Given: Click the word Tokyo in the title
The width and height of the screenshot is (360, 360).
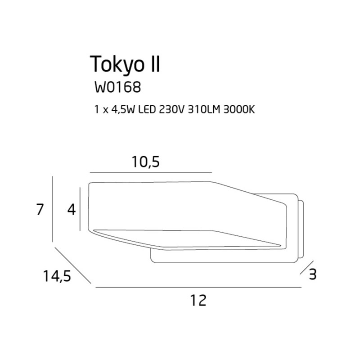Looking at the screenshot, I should click(117, 64).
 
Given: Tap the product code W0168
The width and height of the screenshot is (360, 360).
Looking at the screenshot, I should click(117, 87).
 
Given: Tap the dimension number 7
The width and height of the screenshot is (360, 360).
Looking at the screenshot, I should click(40, 210).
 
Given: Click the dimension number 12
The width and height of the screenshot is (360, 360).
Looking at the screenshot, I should click(198, 300).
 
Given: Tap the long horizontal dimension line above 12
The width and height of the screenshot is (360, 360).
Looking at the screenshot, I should click(198, 287).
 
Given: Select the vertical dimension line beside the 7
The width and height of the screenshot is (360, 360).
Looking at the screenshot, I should click(53, 210).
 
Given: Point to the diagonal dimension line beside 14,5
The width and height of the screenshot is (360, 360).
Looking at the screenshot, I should click(72, 265).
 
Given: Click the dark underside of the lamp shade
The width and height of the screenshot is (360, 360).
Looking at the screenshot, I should click(189, 238).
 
